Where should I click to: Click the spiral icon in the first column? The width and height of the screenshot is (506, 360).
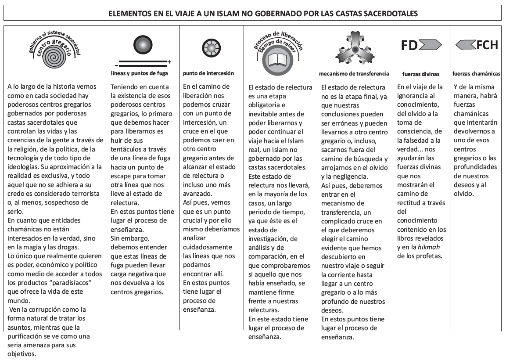(54, 57)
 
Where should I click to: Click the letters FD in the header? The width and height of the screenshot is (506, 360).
(409, 45)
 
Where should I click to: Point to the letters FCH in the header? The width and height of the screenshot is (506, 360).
(487, 45)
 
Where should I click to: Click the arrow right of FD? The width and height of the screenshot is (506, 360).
(430, 45)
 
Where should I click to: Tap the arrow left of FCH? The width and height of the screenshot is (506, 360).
(466, 45)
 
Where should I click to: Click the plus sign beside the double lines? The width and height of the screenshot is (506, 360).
(169, 61)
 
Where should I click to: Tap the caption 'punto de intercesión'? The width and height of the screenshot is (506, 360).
(208, 73)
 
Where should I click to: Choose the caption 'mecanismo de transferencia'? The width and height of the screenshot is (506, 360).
(355, 73)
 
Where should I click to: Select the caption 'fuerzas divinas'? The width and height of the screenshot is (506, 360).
(421, 74)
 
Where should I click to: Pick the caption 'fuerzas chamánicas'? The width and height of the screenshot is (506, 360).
(477, 73)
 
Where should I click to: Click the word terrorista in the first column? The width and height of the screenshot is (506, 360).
(86, 193)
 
